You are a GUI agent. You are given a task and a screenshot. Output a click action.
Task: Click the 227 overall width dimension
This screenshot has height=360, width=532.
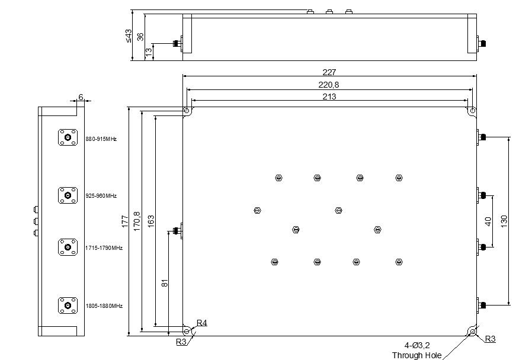point(329,72)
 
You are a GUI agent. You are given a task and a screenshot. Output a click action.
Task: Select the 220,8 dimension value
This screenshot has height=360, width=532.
point(328,85)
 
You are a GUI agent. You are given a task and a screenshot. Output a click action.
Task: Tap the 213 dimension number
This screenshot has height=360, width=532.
point(329,97)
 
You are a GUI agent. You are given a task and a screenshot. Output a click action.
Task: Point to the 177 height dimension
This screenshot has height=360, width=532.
point(125,221)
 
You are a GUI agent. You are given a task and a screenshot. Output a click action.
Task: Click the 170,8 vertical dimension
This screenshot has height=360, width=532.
point(137,221)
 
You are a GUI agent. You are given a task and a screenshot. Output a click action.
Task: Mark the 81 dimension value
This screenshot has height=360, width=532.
point(165,283)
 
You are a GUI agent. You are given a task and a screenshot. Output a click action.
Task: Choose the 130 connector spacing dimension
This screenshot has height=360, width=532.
point(504,221)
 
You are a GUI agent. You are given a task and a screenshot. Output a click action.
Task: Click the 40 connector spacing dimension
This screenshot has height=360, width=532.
point(488,221)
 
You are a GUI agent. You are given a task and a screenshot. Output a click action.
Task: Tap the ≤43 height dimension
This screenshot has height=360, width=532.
point(129,36)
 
